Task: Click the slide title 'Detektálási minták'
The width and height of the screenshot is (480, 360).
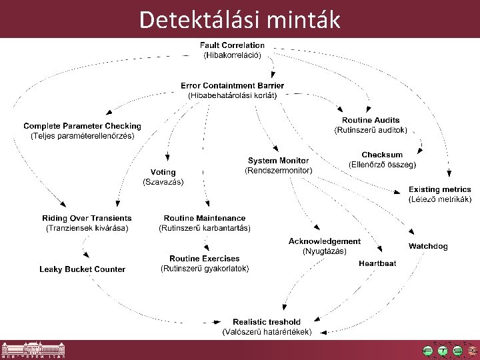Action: coord(239,20)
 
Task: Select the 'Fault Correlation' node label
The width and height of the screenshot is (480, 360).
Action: coord(232,45)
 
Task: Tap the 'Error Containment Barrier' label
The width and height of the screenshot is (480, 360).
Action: coord(232,86)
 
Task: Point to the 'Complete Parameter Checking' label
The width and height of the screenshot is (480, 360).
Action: coord(82,126)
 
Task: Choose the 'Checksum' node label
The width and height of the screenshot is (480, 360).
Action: coord(382,155)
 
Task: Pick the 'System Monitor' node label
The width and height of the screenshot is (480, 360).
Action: coord(278,161)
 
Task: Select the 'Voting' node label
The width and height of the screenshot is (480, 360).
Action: coord(163,173)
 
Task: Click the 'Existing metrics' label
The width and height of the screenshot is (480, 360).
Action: coord(440,190)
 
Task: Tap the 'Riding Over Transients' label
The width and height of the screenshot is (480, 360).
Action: coord(87,218)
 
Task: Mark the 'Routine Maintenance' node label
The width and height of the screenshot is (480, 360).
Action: coord(205,218)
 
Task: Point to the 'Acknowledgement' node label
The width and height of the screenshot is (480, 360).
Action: coord(324,241)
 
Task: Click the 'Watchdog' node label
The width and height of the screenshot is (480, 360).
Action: coord(428,246)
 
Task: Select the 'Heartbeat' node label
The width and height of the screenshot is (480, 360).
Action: coord(377,263)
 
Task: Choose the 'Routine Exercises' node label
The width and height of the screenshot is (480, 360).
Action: coord(205,259)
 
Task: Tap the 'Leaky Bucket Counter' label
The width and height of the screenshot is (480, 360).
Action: coord(82,269)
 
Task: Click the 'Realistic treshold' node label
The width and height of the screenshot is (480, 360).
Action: coord(266,322)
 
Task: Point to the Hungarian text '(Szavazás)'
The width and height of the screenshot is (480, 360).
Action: coord(163,182)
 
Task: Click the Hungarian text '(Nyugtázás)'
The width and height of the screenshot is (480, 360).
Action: coord(324,251)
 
